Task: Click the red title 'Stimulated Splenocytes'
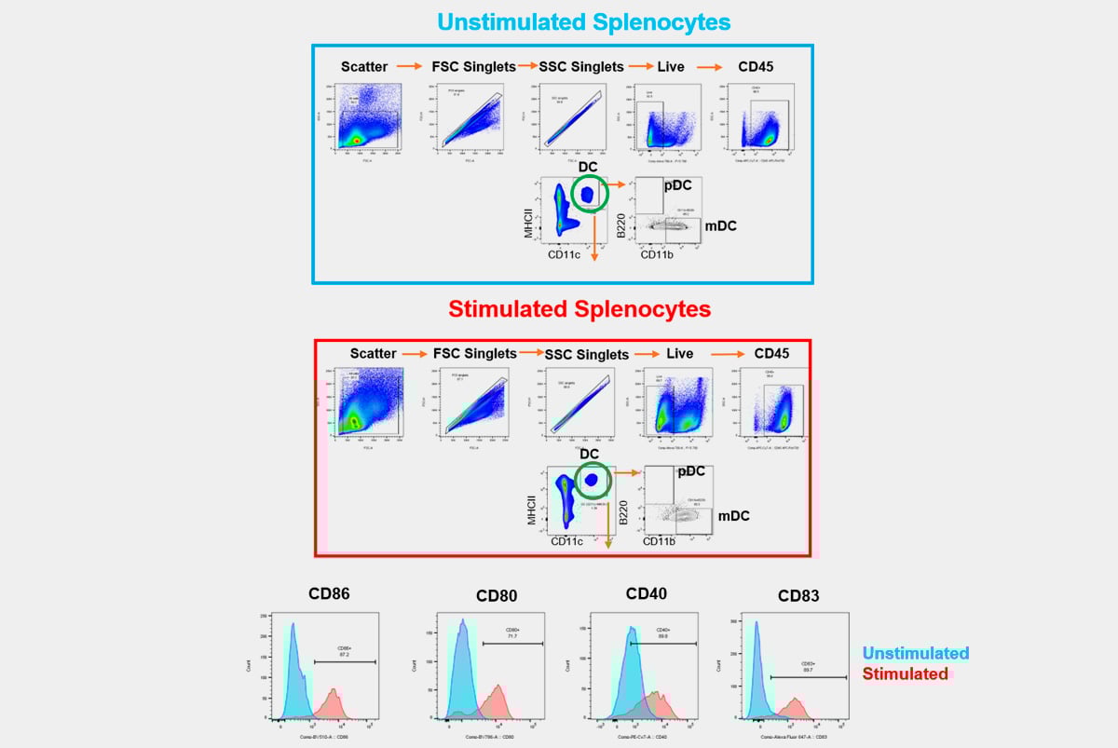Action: (x=579, y=308)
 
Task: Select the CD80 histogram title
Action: (x=496, y=596)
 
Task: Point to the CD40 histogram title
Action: (x=646, y=592)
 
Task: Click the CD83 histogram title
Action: (x=798, y=595)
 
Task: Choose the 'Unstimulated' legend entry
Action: (x=915, y=653)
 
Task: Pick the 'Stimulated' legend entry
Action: (x=906, y=673)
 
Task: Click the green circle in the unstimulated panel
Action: (x=589, y=195)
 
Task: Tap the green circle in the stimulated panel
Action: (x=591, y=480)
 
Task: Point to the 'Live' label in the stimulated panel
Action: (x=680, y=354)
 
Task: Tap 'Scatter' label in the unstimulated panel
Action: (x=364, y=66)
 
